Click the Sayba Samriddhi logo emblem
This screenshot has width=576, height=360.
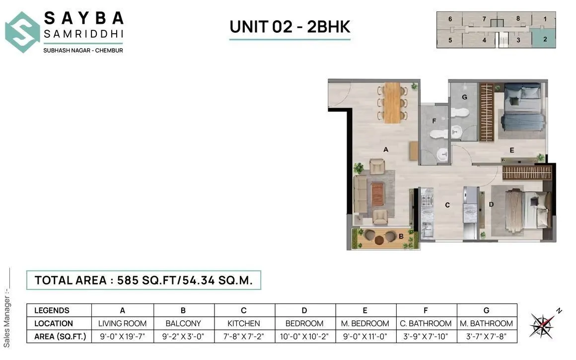[22, 32]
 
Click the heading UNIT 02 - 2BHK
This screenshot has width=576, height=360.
[289, 26]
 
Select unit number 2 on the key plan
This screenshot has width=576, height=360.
[545, 39]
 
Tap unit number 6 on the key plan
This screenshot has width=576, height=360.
[450, 19]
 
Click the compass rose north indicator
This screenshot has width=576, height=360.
[543, 325]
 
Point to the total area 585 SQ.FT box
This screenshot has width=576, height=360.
[144, 280]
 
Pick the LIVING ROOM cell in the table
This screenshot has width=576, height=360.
[123, 323]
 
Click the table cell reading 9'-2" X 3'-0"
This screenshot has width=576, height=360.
[183, 337]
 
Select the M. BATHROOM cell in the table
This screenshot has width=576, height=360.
[486, 323]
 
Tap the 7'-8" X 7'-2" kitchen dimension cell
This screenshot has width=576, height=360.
[244, 337]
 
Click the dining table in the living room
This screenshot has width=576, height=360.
[392, 102]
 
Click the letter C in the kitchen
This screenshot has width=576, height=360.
[447, 205]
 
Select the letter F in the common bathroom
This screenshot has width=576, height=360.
[434, 121]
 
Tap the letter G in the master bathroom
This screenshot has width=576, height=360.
[465, 97]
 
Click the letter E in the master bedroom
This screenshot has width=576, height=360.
[511, 149]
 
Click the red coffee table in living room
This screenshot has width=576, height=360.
[378, 194]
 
